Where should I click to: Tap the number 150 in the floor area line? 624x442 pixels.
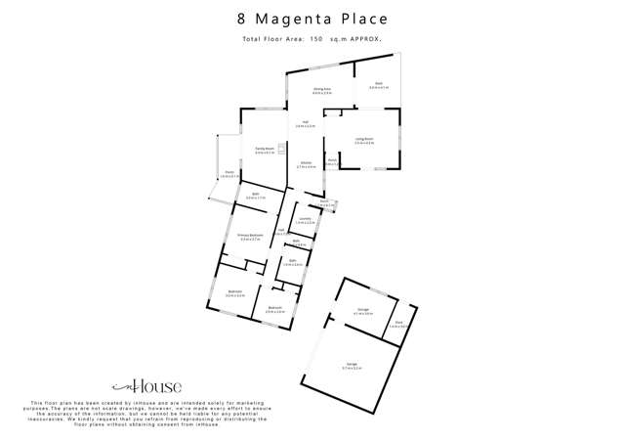[x=315, y=39]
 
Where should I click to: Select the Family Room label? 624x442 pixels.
[x=264, y=149]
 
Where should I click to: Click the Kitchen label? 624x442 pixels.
[x=306, y=163]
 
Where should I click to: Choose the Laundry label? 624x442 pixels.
[x=305, y=219]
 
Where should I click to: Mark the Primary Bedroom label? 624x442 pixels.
[x=250, y=236]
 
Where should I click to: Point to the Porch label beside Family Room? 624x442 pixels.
[x=227, y=173]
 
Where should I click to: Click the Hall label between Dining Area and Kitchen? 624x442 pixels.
[x=305, y=122]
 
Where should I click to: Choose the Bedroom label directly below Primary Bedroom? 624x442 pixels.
[x=235, y=291]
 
